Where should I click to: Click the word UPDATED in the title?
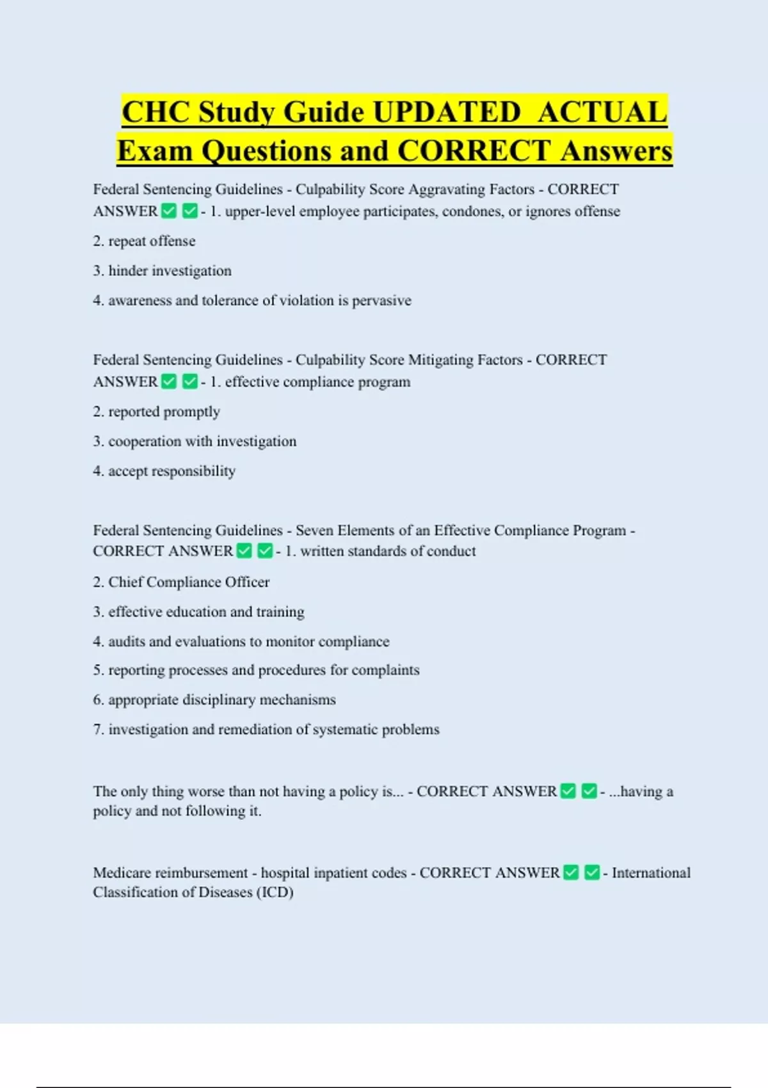tap(446, 113)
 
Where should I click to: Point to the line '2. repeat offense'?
tap(144, 241)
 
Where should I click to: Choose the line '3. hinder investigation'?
tap(162, 271)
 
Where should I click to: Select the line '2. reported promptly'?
tap(156, 412)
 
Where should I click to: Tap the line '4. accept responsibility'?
tap(164, 471)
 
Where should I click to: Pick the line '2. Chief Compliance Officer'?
tap(181, 582)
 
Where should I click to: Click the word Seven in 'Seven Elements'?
tap(314, 531)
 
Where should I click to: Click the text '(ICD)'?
tap(275, 892)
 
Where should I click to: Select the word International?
tap(651, 873)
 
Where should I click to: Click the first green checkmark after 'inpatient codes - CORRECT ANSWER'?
tap(572, 872)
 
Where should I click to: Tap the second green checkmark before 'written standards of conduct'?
tap(265, 551)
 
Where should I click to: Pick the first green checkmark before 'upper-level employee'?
tap(169, 211)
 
